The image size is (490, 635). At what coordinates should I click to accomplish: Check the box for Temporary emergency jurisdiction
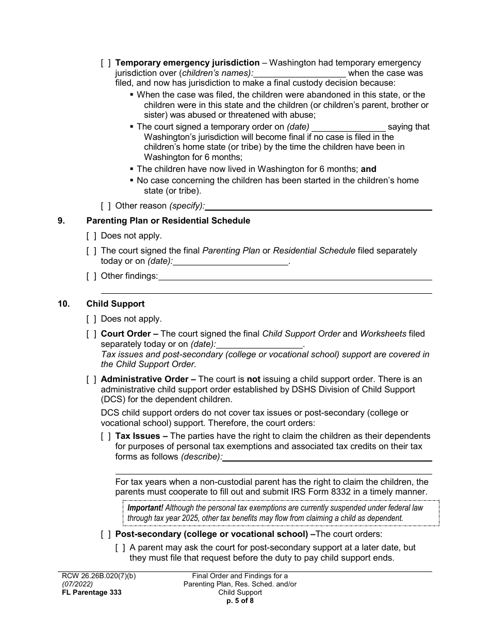click(x=106, y=63)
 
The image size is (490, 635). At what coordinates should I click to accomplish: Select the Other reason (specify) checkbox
click(x=106, y=206)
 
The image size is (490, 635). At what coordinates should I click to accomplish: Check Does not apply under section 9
click(x=91, y=236)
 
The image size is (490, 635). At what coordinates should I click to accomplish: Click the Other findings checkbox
click(x=91, y=276)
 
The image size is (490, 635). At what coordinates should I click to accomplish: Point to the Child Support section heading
click(x=116, y=304)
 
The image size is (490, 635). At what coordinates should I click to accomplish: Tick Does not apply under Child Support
click(x=91, y=319)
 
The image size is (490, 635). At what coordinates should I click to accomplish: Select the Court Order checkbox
click(x=91, y=334)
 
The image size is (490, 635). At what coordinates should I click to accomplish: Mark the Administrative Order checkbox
click(x=91, y=379)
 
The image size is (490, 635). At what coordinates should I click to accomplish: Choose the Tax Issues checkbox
click(x=106, y=437)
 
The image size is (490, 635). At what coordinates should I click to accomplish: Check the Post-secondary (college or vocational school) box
click(x=106, y=534)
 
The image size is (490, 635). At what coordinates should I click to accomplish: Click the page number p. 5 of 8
click(x=240, y=601)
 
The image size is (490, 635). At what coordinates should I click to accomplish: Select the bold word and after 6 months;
click(x=369, y=169)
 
